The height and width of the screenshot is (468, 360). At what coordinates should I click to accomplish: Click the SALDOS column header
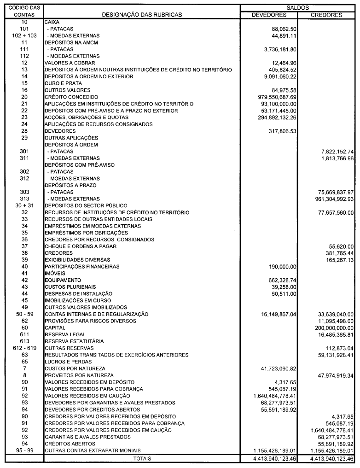pos(297,8)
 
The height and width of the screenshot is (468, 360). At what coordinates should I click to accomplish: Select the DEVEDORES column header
pos(269,15)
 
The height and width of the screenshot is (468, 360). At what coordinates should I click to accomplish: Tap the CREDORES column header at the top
pos(326,15)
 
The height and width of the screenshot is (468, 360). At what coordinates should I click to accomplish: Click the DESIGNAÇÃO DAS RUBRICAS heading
pos(142,15)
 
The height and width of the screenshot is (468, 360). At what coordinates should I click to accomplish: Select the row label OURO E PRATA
pos(63,83)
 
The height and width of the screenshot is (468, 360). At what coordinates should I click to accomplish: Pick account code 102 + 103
pos(24,35)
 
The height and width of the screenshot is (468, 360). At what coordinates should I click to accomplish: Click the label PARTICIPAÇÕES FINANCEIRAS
pos(82,267)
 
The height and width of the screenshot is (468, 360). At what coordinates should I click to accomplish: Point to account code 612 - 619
pos(24,348)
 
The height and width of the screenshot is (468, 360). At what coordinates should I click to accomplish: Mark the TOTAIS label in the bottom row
pos(142,458)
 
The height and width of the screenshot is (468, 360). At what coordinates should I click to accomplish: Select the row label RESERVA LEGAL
pos(65,335)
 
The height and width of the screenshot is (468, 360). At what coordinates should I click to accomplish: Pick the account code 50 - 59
pos(24,314)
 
